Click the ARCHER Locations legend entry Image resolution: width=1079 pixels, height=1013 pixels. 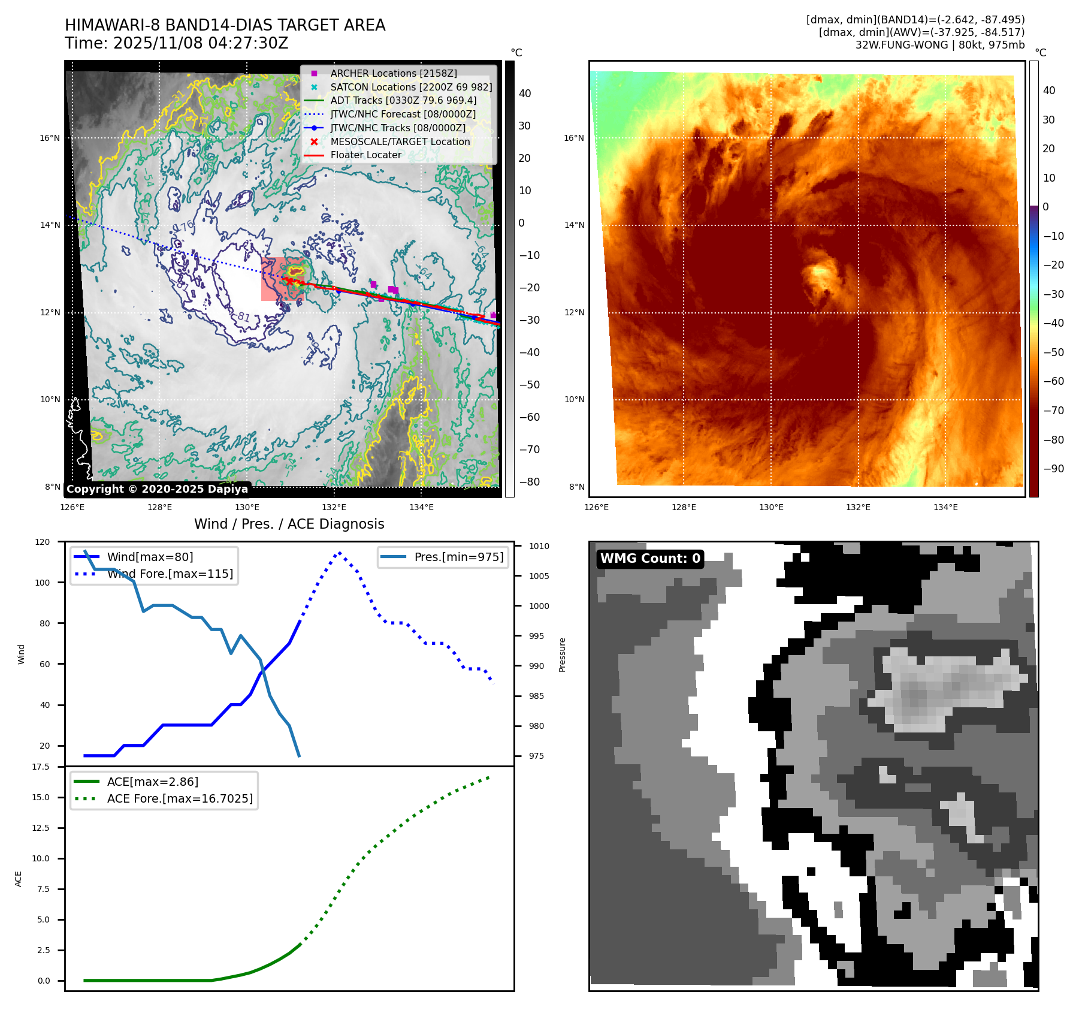[x=393, y=73]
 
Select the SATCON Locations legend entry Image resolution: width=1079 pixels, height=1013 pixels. [x=410, y=87]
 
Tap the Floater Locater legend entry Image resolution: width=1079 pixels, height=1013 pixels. [x=365, y=155]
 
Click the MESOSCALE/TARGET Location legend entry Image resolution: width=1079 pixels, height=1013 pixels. [x=400, y=141]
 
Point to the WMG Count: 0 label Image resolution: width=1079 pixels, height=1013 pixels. [x=650, y=559]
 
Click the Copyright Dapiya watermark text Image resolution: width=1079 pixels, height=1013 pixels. [x=157, y=489]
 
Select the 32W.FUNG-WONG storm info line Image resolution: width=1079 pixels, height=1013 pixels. [x=939, y=45]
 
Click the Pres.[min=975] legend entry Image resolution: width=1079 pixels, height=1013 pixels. [x=458, y=557]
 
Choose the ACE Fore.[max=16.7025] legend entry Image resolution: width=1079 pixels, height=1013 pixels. [x=180, y=798]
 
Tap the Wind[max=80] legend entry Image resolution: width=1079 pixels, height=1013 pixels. [x=150, y=557]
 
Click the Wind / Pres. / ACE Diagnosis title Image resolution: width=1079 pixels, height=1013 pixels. [x=289, y=524]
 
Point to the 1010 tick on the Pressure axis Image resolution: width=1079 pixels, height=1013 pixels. [x=539, y=546]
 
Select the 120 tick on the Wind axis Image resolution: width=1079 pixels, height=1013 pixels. [x=43, y=542]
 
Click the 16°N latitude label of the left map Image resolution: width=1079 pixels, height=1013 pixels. [x=50, y=138]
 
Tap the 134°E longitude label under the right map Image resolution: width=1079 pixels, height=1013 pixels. [x=945, y=507]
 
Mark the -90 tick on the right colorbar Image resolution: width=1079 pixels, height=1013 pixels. [x=1053, y=469]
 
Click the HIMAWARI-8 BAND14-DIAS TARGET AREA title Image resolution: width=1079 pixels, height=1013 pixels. [x=225, y=25]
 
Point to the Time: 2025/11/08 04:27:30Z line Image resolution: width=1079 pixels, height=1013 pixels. [x=176, y=43]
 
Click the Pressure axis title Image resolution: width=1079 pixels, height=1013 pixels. [x=562, y=655]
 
